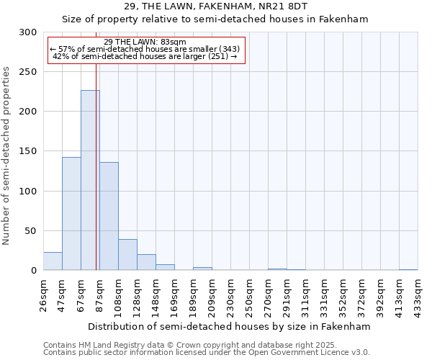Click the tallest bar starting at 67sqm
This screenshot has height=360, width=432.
(90, 180)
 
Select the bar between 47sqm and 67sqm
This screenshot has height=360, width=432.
(71, 213)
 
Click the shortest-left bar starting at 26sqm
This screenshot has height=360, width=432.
(53, 261)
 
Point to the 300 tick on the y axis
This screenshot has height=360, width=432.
(28, 32)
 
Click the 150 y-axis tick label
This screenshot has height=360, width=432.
(28, 151)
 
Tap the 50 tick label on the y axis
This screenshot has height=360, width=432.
(31, 231)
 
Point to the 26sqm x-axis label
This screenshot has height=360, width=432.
(44, 294)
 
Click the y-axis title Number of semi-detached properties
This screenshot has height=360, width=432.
(6, 156)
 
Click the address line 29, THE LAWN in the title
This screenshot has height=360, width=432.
(215, 7)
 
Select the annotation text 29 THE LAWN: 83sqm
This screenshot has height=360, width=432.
(145, 42)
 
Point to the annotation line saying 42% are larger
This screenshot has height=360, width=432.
(145, 56)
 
